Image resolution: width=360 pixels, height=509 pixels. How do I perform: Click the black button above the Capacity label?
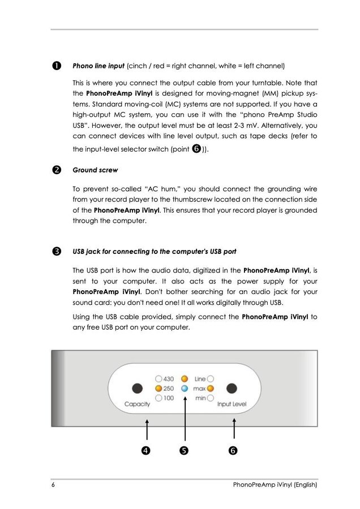coord(136,389)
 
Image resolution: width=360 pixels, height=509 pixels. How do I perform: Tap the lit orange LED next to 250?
coord(158,389)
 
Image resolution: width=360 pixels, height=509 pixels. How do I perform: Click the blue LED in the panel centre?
coord(185,389)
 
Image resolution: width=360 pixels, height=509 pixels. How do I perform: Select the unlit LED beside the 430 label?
coord(158,379)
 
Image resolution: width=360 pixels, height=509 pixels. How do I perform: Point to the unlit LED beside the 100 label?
coord(158,398)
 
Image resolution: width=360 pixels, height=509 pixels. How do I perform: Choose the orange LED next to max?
coord(210,389)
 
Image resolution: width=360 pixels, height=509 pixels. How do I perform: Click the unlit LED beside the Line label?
coord(210,379)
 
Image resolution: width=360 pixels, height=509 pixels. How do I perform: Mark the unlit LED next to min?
coord(210,398)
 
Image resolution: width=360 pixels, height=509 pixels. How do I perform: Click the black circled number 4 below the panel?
coord(146,451)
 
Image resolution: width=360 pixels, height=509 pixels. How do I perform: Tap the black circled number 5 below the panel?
coord(184,451)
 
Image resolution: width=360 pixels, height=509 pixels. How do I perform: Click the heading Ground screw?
coord(95,170)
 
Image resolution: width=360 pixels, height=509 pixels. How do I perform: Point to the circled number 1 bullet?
coord(56,66)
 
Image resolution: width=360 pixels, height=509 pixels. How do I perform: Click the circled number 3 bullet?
coord(56,251)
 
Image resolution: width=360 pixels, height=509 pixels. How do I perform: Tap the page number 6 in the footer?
coord(53,485)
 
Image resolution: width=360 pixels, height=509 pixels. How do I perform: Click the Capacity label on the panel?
coord(137,404)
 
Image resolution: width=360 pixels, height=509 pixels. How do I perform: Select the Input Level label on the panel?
coord(232,404)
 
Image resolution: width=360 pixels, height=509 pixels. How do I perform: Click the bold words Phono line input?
coord(98,66)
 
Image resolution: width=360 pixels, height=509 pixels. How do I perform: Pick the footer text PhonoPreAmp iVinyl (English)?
coord(275,485)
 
